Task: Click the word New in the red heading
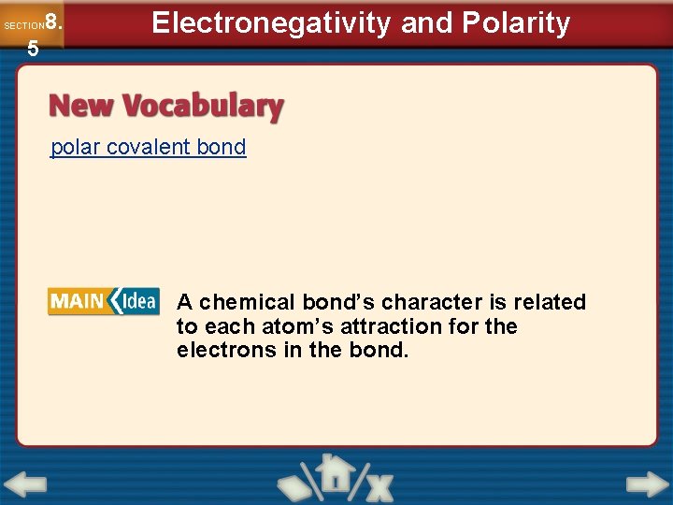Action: click(81, 107)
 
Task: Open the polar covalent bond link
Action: click(148, 147)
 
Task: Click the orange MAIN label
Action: click(78, 301)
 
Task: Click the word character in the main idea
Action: click(426, 302)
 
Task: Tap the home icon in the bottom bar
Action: click(331, 475)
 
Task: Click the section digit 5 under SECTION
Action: click(33, 49)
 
